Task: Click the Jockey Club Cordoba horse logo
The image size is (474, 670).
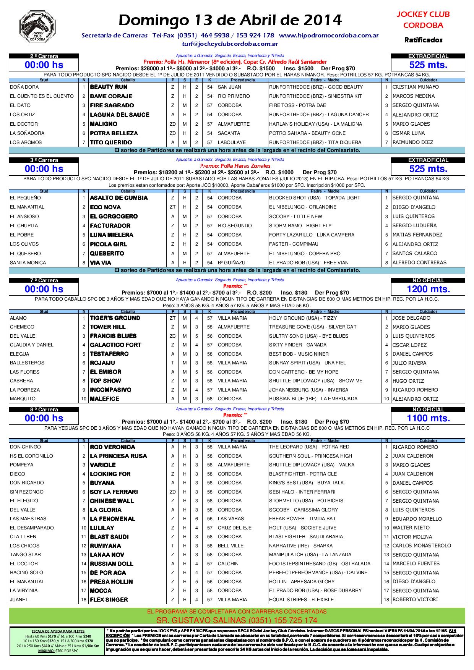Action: point(37,27)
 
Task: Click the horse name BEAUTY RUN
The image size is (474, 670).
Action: point(109,87)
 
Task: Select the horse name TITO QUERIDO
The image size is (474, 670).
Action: point(111,142)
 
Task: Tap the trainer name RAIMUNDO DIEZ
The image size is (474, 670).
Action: point(412,142)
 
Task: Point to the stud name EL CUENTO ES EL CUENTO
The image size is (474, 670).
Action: point(42,96)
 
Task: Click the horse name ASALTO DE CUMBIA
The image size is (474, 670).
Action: point(118,198)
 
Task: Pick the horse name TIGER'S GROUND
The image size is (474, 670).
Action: point(115,318)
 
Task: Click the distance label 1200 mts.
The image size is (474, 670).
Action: point(428,289)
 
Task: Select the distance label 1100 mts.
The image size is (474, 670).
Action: point(428,418)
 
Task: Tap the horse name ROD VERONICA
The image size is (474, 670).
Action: point(112,447)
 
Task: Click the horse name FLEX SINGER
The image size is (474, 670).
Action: point(109,600)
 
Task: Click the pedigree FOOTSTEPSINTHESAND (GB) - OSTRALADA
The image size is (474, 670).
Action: point(320,564)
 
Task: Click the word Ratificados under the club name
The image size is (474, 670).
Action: point(423,40)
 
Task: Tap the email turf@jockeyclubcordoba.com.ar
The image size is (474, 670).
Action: point(230,44)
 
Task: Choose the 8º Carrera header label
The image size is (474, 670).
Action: point(44,409)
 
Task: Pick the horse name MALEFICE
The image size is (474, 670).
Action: point(104,399)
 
